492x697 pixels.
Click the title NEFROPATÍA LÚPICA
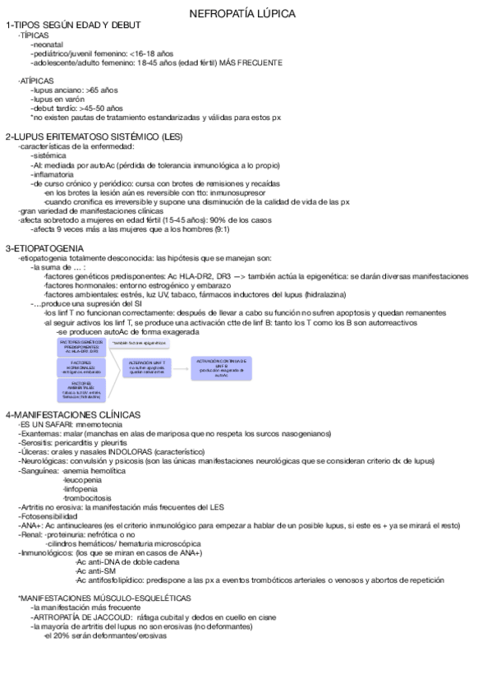(243, 13)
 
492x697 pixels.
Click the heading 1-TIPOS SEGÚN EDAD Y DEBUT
(73, 25)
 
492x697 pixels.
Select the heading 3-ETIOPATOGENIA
(44, 247)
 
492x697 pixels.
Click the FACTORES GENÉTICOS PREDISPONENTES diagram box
(81, 346)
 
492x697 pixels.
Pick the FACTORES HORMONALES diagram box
(80, 367)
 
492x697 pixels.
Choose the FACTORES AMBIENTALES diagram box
(80, 390)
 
